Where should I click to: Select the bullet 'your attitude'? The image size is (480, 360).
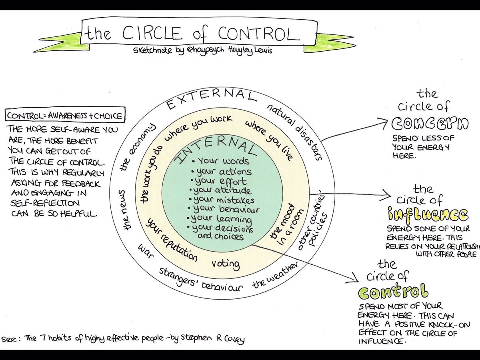(222, 190)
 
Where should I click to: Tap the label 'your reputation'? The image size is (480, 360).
(171, 240)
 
